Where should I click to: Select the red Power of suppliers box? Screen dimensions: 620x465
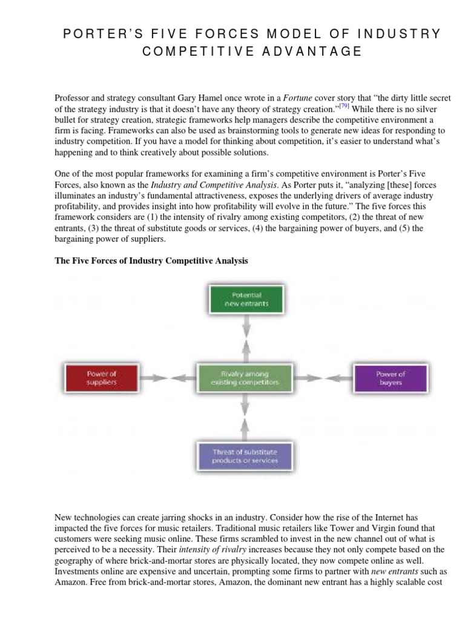coord(101,377)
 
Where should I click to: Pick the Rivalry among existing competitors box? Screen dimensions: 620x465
coord(245,378)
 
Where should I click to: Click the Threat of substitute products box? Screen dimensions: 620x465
coord(245,456)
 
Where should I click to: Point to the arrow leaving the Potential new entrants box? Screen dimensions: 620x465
coord(245,326)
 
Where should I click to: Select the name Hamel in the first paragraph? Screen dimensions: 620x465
coord(189,99)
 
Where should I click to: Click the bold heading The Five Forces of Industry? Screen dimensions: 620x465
coord(151,261)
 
